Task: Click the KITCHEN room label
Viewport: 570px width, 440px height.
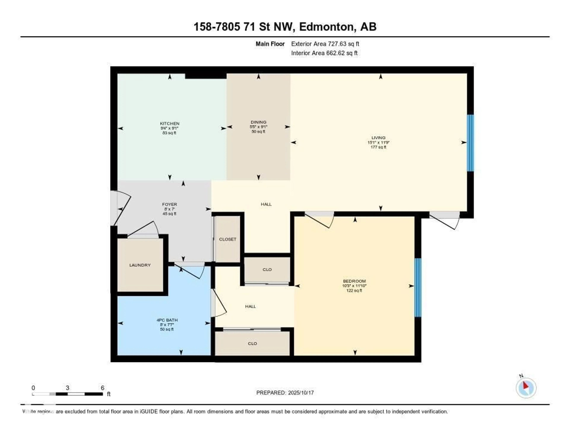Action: click(170, 123)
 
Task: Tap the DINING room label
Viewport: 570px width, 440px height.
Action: click(258, 122)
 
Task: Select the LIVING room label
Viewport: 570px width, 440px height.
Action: click(378, 138)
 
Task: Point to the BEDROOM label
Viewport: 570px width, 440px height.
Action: click(354, 281)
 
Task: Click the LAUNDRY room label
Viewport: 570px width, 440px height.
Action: click(140, 265)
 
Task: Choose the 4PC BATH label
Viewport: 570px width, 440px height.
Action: click(167, 320)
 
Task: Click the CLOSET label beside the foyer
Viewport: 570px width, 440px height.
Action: click(228, 239)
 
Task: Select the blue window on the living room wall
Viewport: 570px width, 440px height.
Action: click(470, 143)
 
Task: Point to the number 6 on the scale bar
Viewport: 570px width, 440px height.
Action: click(103, 388)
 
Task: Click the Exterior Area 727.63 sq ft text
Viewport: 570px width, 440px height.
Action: click(325, 44)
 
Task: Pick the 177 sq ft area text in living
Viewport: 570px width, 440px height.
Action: click(378, 147)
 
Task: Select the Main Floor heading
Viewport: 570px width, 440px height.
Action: click(270, 44)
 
